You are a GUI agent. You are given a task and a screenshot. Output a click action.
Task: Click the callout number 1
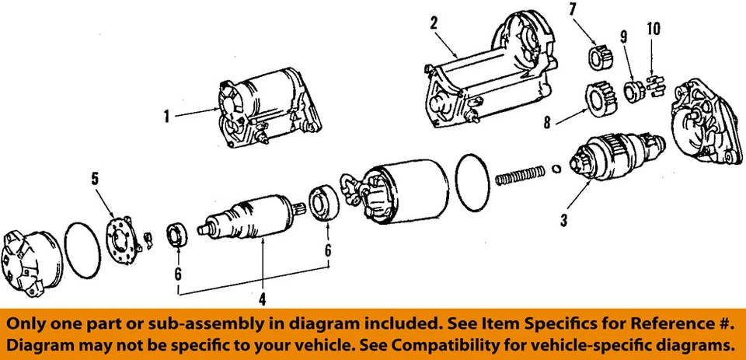pos(166,117)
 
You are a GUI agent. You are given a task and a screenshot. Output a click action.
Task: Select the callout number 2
pos(433,23)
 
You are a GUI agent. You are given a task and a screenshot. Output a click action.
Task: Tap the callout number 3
pos(564,220)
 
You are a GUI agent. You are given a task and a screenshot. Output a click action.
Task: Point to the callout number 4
pos(262,298)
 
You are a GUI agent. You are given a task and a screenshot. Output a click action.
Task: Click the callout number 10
pos(653,30)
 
